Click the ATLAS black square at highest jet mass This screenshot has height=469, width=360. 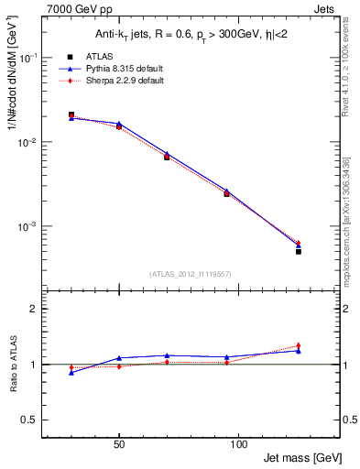tap(299, 251)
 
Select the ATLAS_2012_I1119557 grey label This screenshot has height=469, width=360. tap(184, 274)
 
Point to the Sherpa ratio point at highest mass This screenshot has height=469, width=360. tap(299, 345)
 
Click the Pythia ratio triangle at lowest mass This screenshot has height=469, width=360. tap(71, 373)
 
